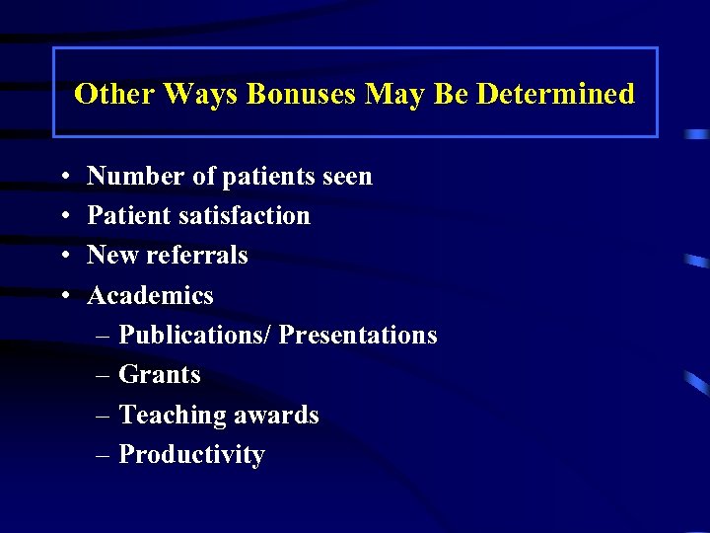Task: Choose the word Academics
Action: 150,295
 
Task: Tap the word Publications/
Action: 194,336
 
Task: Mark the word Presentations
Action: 357,336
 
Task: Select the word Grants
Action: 160,375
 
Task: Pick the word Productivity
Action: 191,455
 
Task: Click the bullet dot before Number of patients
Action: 63,178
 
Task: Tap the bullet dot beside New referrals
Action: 63,257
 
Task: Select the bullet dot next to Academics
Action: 63,296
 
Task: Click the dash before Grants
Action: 105,376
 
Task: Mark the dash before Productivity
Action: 105,456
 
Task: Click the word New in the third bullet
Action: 111,256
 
